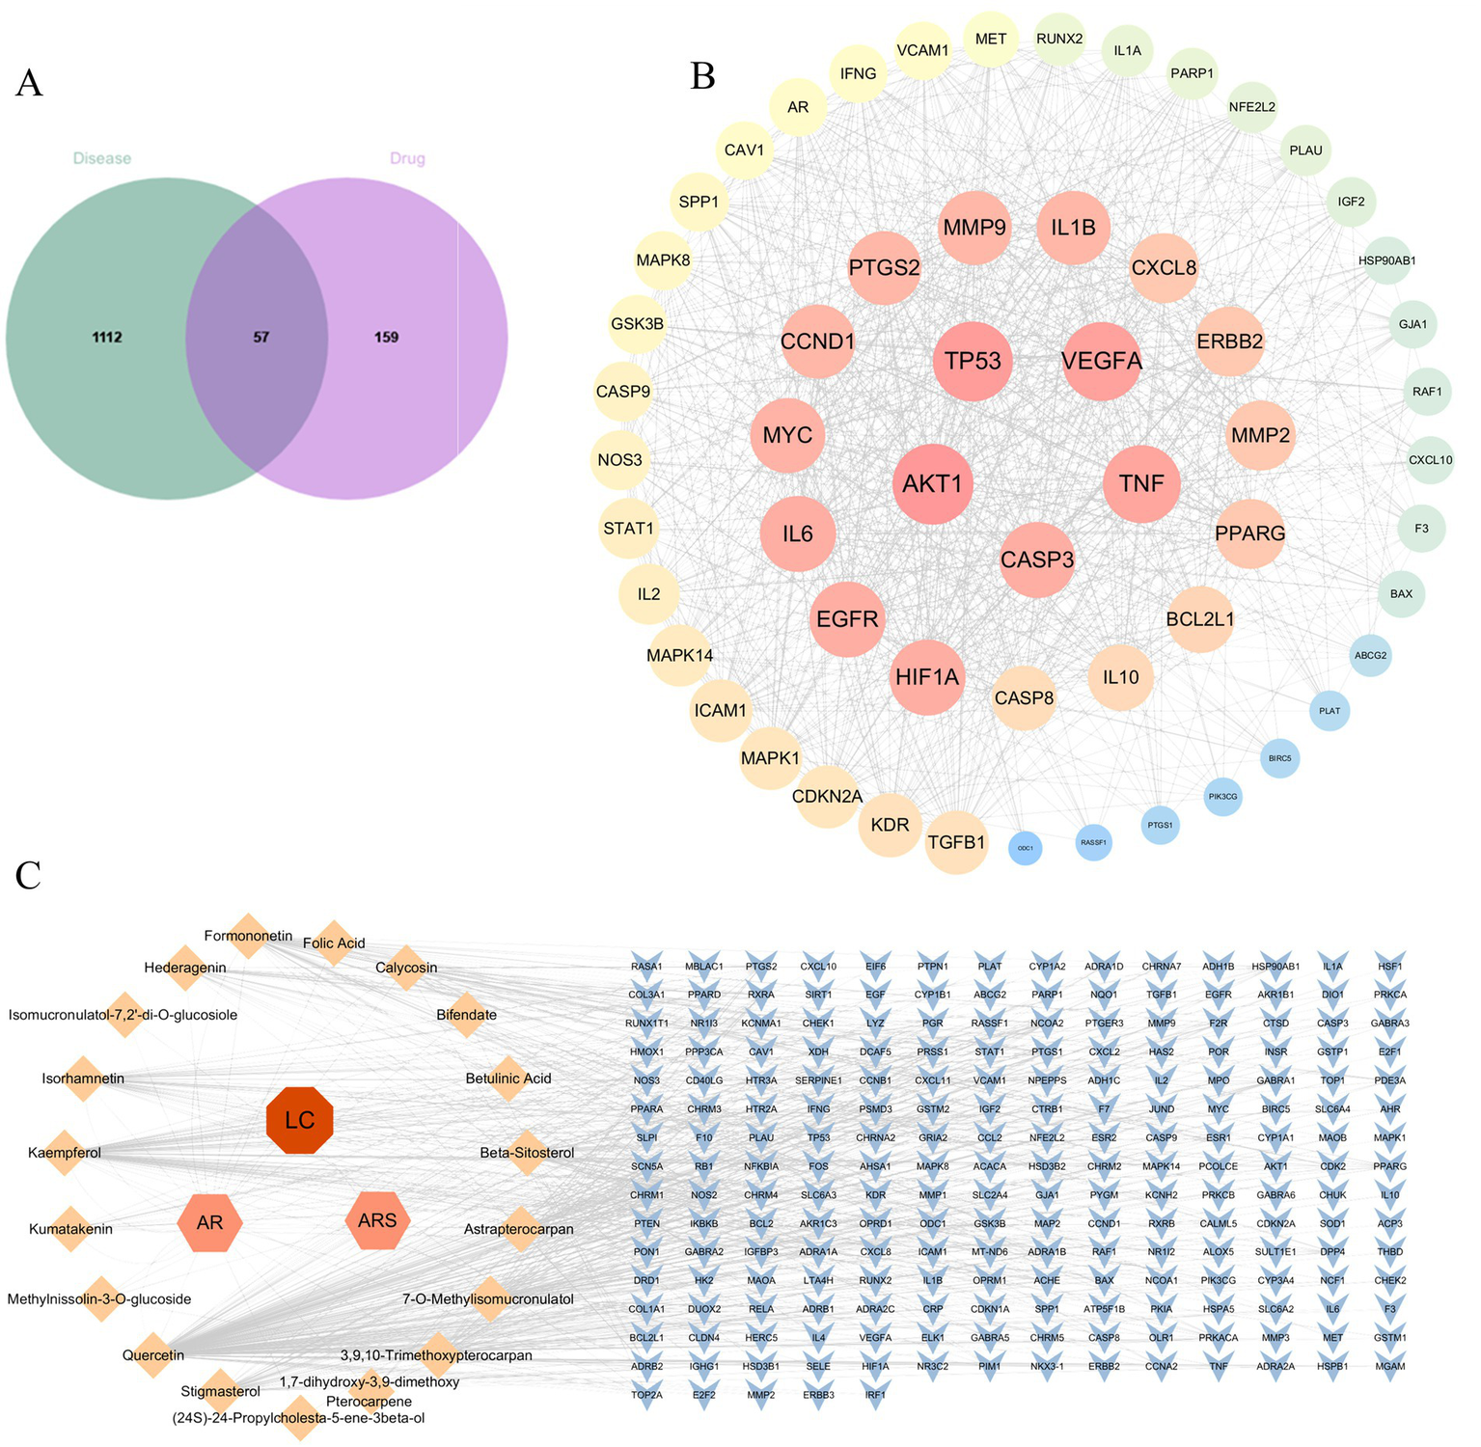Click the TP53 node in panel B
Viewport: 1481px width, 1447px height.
click(973, 361)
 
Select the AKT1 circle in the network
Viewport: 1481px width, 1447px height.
click(932, 483)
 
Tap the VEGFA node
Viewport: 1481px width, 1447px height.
click(1101, 361)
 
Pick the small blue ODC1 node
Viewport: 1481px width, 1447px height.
click(1025, 848)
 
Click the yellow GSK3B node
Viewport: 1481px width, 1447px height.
click(637, 323)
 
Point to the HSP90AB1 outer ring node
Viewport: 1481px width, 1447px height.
click(1386, 260)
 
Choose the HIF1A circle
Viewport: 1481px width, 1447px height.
click(926, 677)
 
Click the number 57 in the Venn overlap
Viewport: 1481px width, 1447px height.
click(261, 338)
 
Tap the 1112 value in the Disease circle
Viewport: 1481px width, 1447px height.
click(106, 338)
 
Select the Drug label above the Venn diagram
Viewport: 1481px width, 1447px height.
click(407, 158)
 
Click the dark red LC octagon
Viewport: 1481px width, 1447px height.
click(300, 1120)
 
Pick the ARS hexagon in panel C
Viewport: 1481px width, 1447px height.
click(377, 1220)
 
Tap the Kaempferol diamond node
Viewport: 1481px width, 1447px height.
click(66, 1153)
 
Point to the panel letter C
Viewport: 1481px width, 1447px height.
click(28, 874)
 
